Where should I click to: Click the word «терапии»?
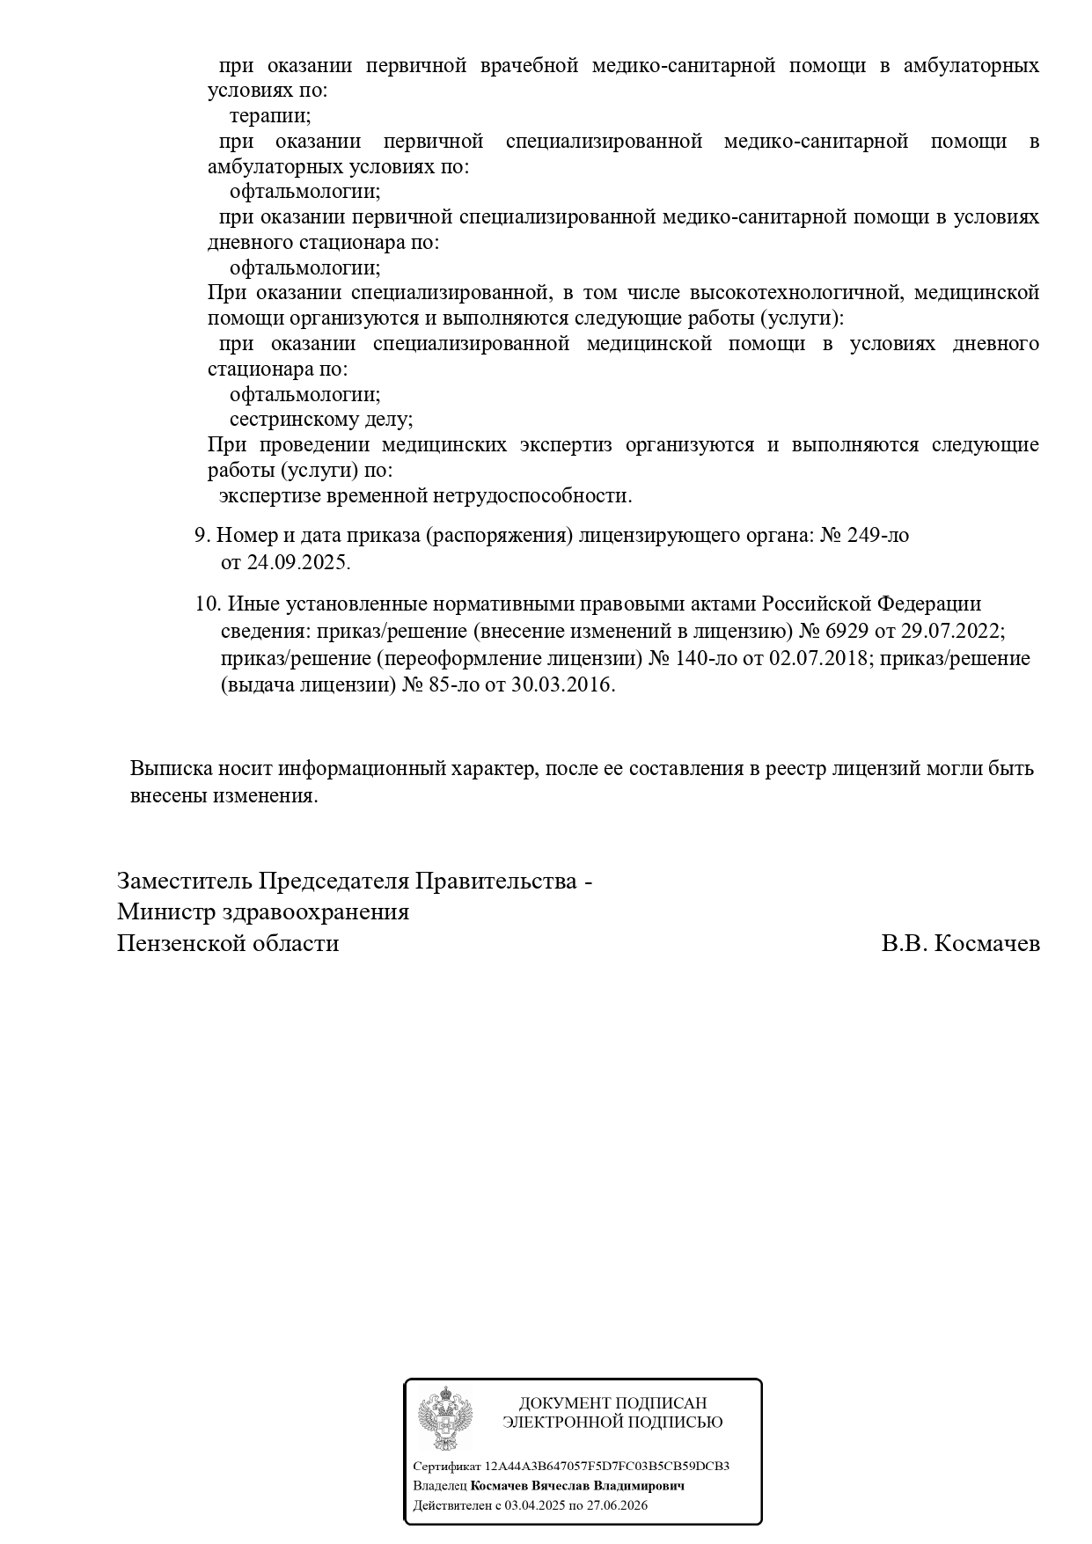269,115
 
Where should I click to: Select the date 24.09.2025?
297,562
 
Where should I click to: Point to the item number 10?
206,604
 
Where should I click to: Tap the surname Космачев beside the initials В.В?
986,944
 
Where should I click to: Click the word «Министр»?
164,911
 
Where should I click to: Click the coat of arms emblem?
444,1417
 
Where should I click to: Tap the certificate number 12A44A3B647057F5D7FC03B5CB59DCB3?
607,1466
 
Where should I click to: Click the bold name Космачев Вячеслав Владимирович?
577,1485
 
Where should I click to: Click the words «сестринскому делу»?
320,420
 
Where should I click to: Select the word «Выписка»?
168,768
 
